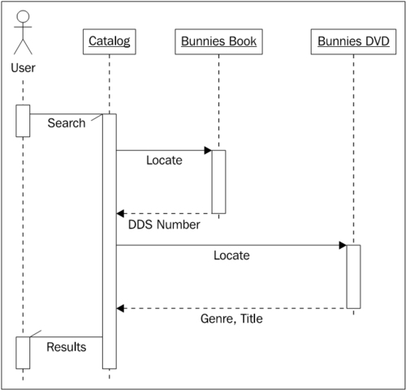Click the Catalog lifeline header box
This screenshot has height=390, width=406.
(x=109, y=40)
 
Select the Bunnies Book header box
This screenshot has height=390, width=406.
(x=218, y=40)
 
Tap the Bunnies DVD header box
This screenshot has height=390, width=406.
(x=353, y=40)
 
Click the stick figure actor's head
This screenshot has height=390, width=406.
(x=24, y=17)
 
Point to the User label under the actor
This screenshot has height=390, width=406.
(x=24, y=68)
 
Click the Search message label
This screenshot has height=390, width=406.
(x=67, y=123)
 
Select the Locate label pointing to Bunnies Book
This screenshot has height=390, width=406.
(x=164, y=161)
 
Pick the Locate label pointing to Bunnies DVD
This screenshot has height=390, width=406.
(x=231, y=255)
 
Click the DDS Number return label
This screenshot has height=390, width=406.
(x=165, y=225)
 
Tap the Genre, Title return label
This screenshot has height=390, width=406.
(x=231, y=319)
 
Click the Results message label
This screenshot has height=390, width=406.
(x=67, y=347)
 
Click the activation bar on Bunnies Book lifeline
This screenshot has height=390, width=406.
(x=218, y=182)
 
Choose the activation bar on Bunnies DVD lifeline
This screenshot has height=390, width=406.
(x=353, y=276)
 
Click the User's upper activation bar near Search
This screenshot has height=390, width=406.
(x=23, y=121)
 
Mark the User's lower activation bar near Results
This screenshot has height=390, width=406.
(x=23, y=352)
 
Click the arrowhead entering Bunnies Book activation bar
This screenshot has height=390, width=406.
(x=207, y=150)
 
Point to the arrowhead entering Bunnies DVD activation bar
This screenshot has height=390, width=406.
(x=342, y=244)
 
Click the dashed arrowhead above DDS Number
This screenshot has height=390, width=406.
(x=121, y=213)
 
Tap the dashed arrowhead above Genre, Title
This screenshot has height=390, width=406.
(x=121, y=308)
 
